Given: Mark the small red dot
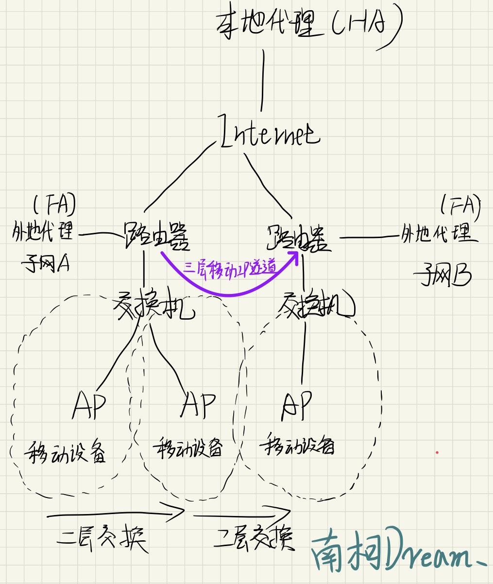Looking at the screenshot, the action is click(437, 452).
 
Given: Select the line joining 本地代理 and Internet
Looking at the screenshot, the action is click(263, 80).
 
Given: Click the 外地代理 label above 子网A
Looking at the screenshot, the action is click(43, 234).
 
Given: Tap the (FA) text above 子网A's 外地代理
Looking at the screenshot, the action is click(54, 205).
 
